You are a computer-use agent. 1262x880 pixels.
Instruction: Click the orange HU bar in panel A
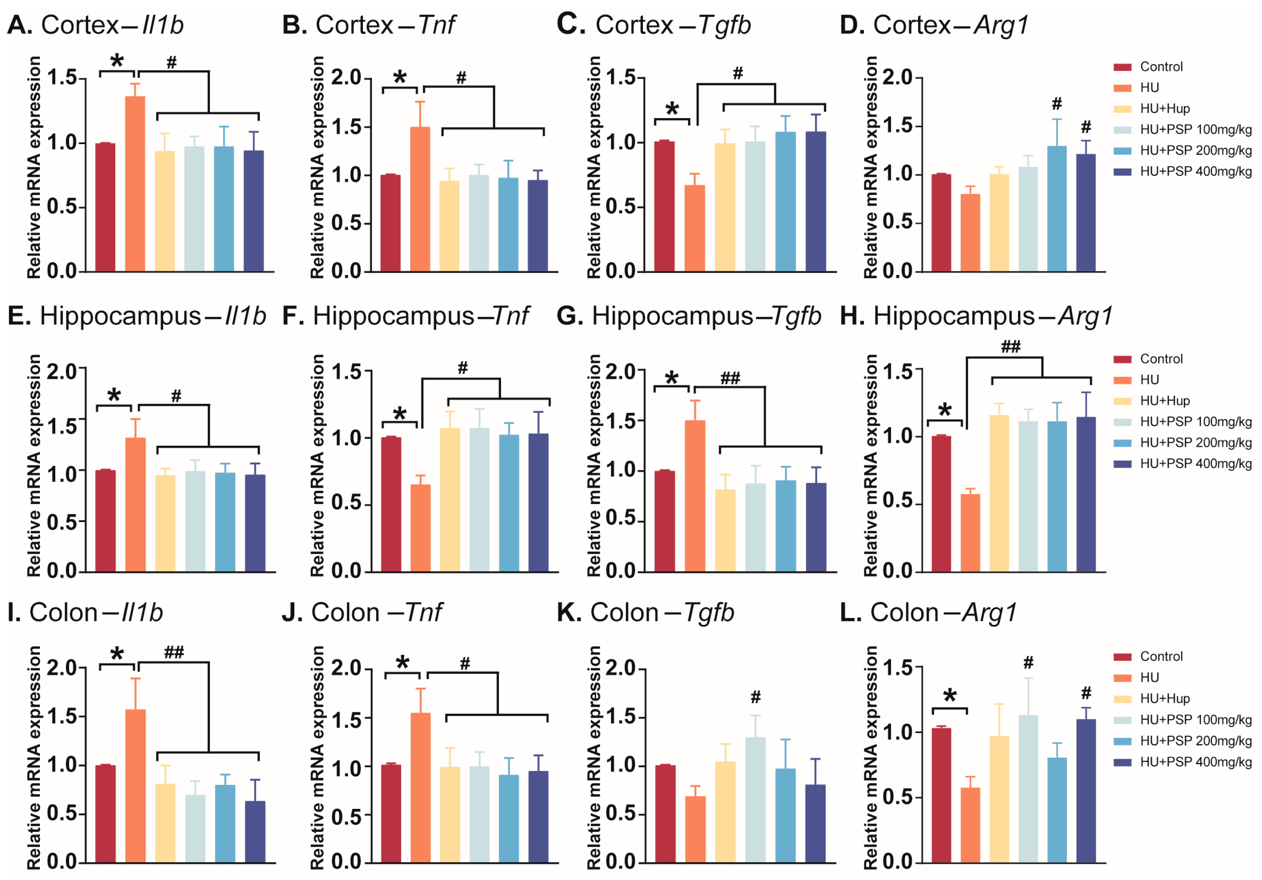point(135,184)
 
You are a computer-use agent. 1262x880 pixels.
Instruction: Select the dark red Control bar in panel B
point(390,223)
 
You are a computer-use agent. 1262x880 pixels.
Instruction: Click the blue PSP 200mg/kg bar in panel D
point(1056,209)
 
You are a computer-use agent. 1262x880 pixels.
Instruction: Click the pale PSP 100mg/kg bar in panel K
point(755,800)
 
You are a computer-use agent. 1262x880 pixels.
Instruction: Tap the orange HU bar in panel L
point(970,824)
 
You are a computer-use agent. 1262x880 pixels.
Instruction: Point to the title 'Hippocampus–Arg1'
point(976,316)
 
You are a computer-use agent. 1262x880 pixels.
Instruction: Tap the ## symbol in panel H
point(1010,346)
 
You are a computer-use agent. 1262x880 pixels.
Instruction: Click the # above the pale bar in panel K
point(756,697)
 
